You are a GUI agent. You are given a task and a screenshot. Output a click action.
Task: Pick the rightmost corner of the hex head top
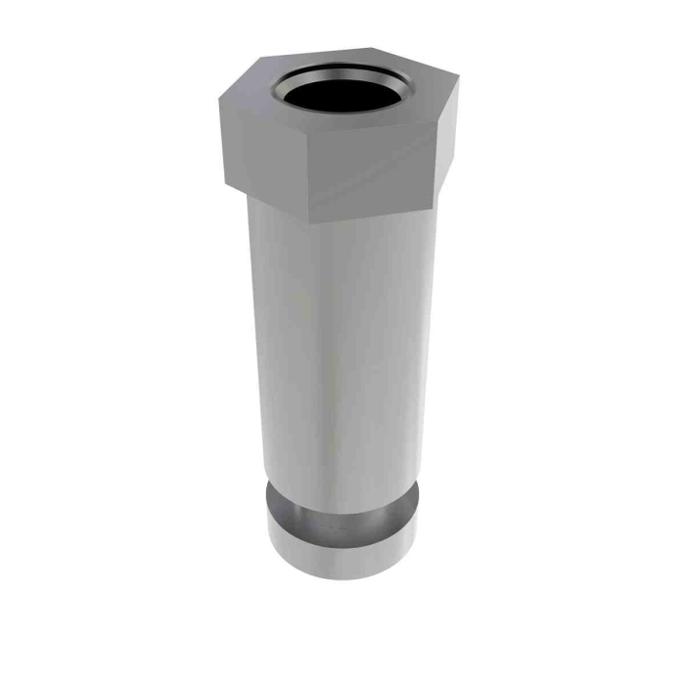(x=454, y=102)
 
